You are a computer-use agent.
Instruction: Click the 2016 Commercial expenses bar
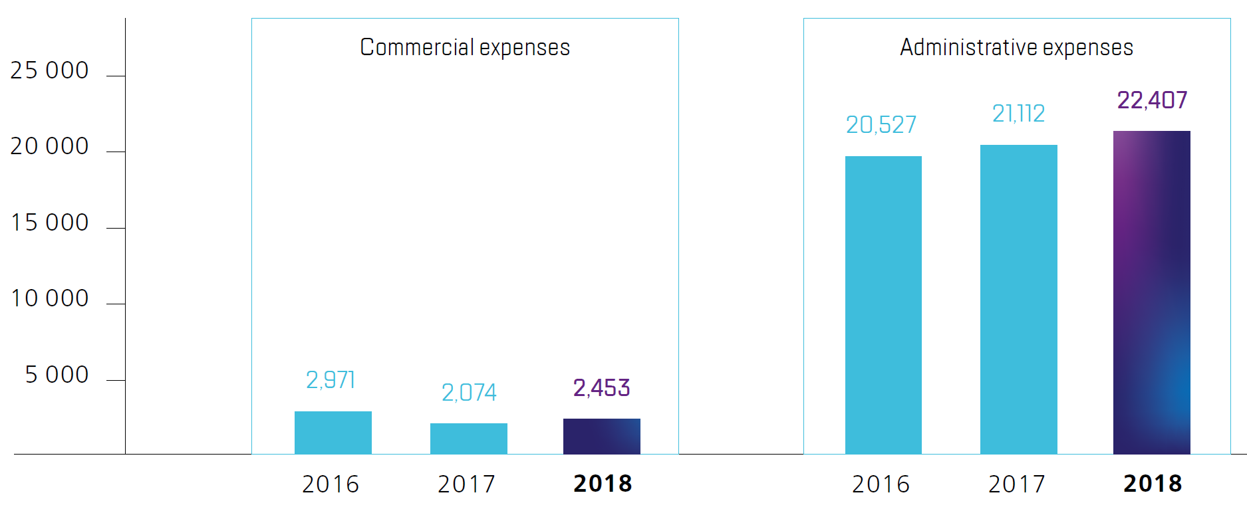click(x=333, y=433)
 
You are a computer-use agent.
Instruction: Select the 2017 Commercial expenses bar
click(x=468, y=439)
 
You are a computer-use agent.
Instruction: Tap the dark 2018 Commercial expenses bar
click(x=601, y=436)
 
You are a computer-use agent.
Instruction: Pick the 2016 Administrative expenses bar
click(x=883, y=305)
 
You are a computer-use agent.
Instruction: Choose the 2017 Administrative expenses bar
click(x=1018, y=299)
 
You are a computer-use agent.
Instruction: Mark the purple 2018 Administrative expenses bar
click(x=1151, y=292)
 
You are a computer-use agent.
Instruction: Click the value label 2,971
click(x=331, y=380)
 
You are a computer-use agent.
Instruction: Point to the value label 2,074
click(x=469, y=393)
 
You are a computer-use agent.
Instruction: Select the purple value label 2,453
click(x=601, y=388)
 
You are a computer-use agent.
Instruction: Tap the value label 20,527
click(x=881, y=125)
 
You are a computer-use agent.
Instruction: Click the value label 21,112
click(x=1018, y=114)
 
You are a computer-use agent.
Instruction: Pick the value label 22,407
click(x=1152, y=100)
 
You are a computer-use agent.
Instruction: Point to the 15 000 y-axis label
click(x=49, y=223)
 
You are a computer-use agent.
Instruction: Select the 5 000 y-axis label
click(x=57, y=375)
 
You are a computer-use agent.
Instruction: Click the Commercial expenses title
click(x=465, y=48)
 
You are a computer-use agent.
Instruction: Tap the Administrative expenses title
click(x=1016, y=48)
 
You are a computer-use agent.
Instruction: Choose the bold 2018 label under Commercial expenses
click(x=603, y=484)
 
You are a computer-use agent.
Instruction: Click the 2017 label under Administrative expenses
click(x=1017, y=484)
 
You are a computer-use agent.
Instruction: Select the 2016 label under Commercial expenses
click(x=331, y=484)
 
